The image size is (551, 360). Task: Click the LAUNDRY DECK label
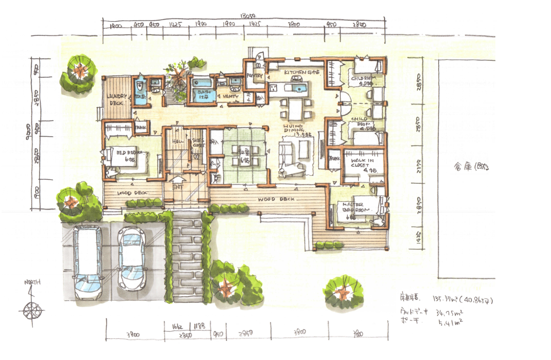pos(116,99)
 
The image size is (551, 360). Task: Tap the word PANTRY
pos(254,76)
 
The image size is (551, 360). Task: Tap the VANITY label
pos(230,96)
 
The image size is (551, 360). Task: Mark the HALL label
pos(177,142)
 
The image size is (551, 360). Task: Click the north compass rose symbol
pos(31,309)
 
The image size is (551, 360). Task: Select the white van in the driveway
pos(87,263)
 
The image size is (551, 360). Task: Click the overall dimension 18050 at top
pos(248,16)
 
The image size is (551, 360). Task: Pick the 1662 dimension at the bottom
pos(177,326)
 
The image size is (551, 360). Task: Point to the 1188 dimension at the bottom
pos(199,326)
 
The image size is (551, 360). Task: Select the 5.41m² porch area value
pos(450,322)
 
